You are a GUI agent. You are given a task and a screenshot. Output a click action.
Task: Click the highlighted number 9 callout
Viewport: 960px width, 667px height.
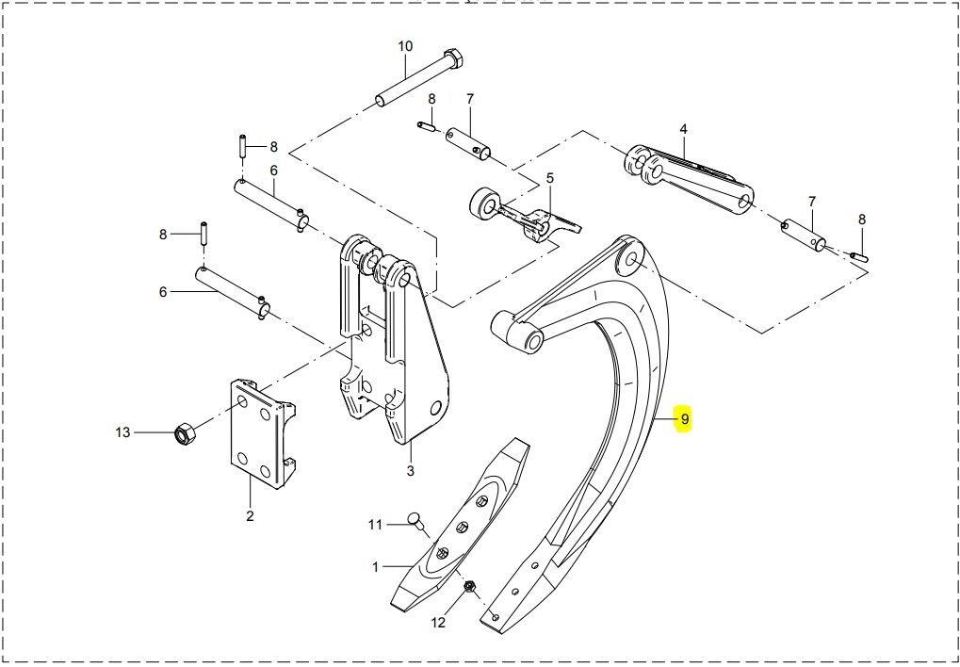pos(684,419)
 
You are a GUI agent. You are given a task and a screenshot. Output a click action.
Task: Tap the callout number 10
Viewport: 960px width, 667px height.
pos(405,46)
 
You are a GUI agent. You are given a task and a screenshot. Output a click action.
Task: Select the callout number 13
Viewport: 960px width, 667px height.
pos(123,432)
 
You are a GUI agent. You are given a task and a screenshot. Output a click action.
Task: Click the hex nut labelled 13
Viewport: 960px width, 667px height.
pos(185,434)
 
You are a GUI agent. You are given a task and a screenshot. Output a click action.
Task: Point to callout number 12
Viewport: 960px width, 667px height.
pos(438,623)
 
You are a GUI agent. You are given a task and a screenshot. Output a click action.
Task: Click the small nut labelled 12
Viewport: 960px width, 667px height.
pos(470,586)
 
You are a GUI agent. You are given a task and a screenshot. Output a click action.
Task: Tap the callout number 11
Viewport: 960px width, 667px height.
pos(375,525)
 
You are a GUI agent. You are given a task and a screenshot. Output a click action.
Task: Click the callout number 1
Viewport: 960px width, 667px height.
pos(376,567)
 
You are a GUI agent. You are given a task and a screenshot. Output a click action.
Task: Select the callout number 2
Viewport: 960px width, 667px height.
pos(250,515)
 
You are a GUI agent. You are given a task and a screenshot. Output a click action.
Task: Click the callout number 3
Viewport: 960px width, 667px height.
pos(410,470)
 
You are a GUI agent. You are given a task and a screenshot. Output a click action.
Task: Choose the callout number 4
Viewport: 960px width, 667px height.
pos(684,129)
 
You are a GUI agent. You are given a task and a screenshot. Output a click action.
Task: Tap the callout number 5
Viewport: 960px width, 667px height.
pos(550,178)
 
